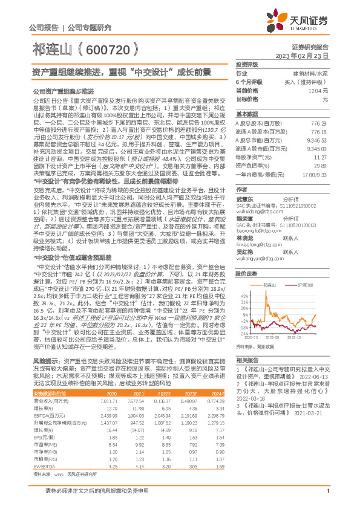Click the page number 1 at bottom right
click(327, 498)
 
